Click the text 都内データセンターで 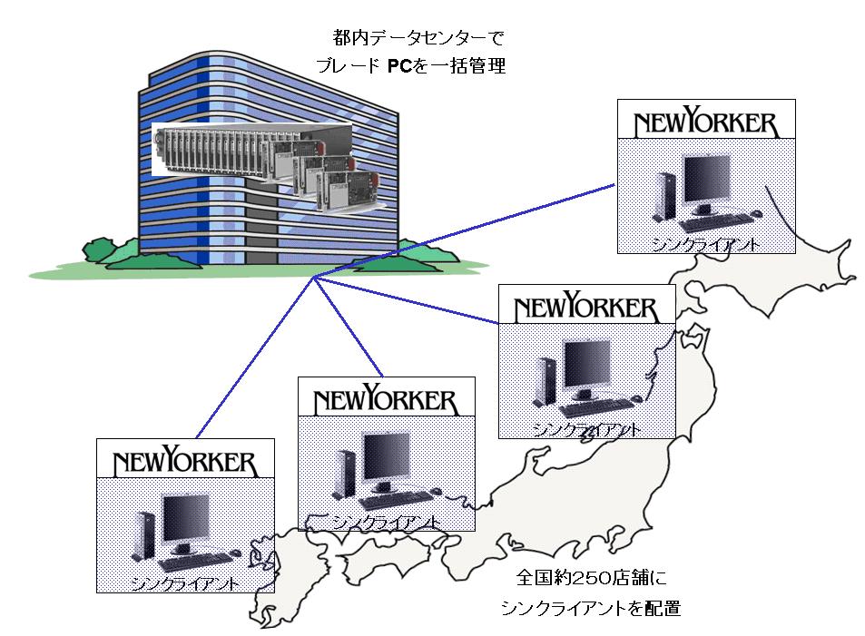click(418, 39)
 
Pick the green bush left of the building click(108, 248)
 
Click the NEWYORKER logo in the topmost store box click(705, 122)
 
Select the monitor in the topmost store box click(707, 183)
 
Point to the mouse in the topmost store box click(756, 214)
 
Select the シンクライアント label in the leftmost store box click(185, 581)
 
